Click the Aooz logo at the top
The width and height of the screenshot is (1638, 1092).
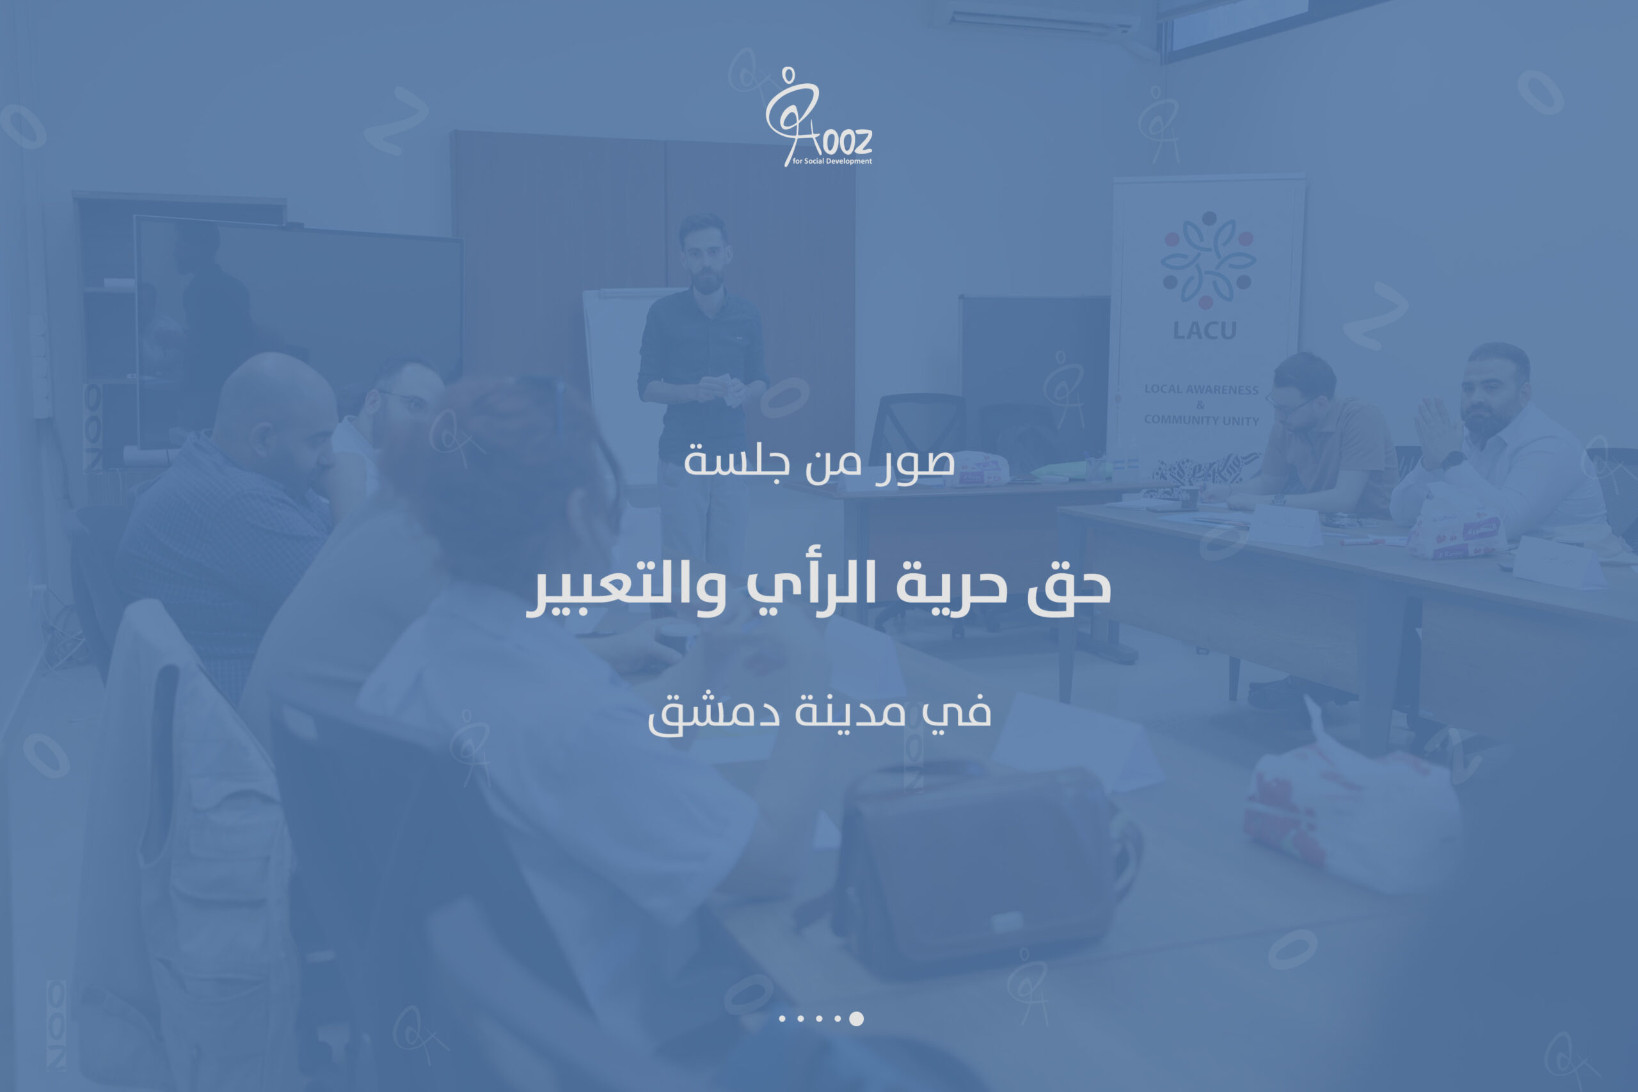pos(818,117)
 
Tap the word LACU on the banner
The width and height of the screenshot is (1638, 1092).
pos(1204,330)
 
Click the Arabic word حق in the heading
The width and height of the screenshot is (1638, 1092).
pos(1069,587)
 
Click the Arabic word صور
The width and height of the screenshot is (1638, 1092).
pos(915,463)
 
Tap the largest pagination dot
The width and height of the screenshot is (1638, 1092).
pos(857,1019)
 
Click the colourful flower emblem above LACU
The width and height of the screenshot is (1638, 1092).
pos(1208,260)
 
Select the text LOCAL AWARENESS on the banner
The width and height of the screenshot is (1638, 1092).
pos(1202,390)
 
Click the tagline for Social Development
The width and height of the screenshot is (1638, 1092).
pos(832,161)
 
